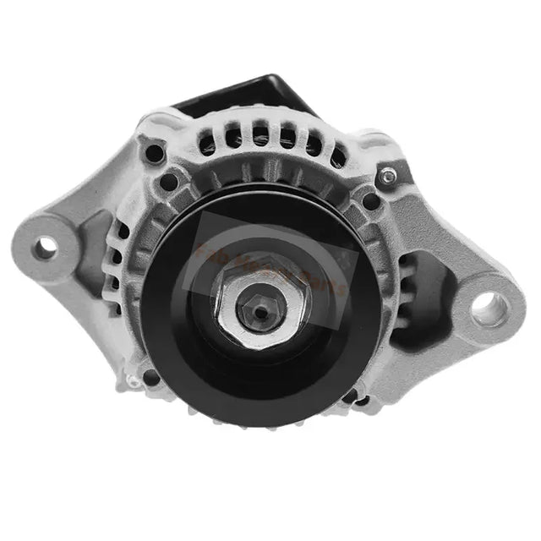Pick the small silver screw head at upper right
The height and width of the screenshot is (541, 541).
click(388, 175)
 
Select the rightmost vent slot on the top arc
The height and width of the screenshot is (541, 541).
click(337, 156)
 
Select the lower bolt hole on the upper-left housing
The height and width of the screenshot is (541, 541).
click(169, 180)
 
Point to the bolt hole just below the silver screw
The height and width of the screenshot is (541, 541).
click(370, 201)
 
